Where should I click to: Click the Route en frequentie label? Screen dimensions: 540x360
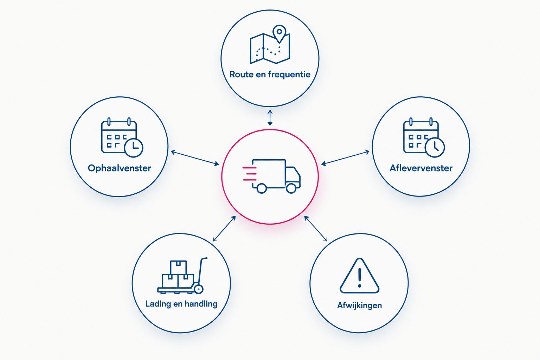270,74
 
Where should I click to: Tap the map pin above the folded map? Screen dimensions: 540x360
279,34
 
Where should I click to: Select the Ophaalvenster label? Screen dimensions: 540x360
119,168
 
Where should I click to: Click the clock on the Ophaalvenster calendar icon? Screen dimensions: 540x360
134,148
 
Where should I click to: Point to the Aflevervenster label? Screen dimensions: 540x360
421,168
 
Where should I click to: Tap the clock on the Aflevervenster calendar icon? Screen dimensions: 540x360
435,148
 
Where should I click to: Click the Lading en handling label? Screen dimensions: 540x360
181,304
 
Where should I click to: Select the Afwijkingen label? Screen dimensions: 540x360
359,305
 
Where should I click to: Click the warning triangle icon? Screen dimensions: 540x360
359,276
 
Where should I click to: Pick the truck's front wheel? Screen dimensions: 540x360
291,188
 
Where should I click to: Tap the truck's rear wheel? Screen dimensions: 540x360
262,188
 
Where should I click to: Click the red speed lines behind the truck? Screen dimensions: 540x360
250,174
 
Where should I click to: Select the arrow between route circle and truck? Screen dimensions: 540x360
270,118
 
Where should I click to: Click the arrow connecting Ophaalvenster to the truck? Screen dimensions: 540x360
195,158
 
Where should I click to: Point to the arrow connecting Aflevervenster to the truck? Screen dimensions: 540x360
345,158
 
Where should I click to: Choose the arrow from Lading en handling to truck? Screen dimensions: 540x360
224,229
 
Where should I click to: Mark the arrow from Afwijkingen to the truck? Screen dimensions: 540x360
316,229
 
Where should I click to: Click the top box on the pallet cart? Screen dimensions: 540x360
178,267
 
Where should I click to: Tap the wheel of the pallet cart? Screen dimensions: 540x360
198,289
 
